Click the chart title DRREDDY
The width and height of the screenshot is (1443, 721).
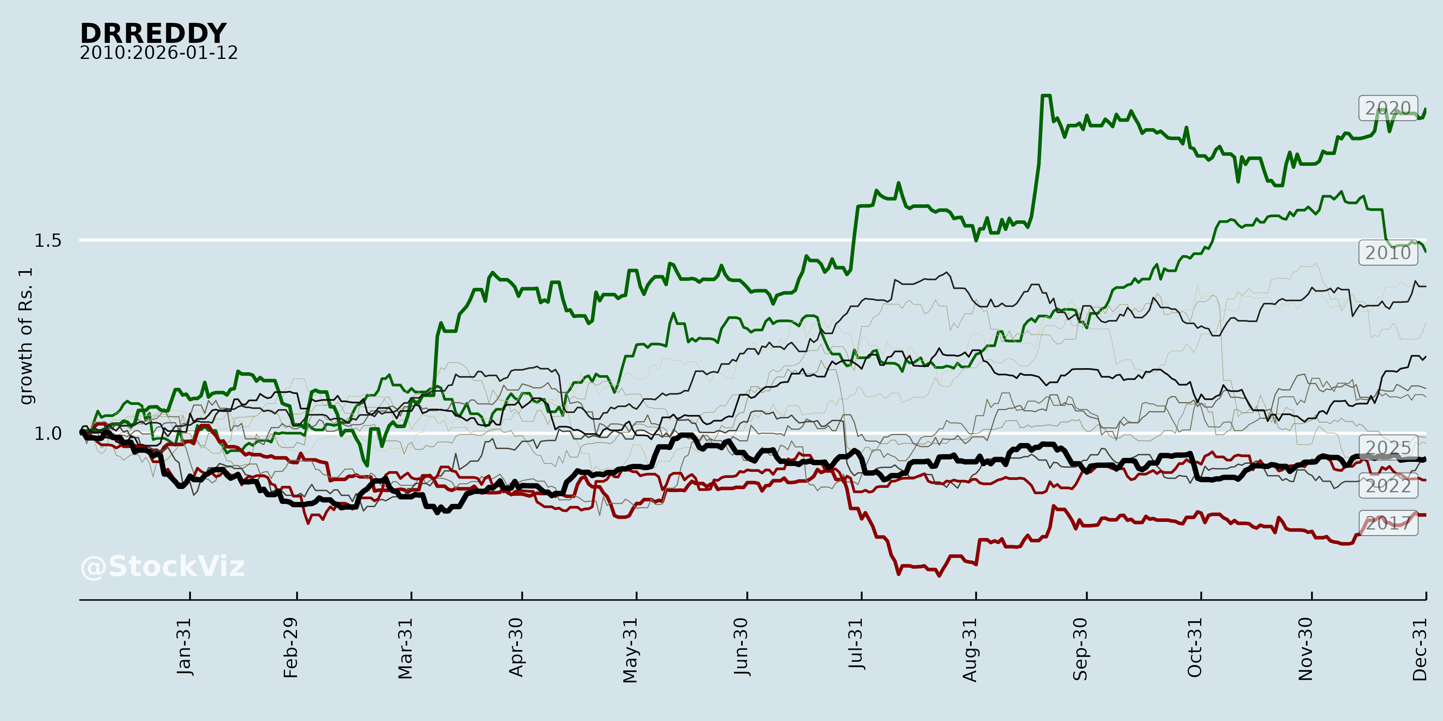click(153, 34)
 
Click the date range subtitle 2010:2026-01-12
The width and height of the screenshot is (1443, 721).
click(158, 53)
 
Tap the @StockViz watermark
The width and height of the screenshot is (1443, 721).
click(162, 566)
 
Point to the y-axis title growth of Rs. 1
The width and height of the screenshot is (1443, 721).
click(26, 336)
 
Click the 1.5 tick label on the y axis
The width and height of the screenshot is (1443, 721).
click(48, 241)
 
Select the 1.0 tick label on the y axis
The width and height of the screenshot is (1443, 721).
click(48, 434)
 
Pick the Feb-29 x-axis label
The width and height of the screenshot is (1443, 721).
click(291, 648)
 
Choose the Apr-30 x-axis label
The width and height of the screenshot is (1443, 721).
click(516, 647)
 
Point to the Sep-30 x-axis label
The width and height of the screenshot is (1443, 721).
click(1081, 649)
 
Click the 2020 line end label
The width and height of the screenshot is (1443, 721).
click(1388, 108)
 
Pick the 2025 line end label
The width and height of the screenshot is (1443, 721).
click(1388, 448)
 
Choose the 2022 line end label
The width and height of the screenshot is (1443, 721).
click(1388, 486)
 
